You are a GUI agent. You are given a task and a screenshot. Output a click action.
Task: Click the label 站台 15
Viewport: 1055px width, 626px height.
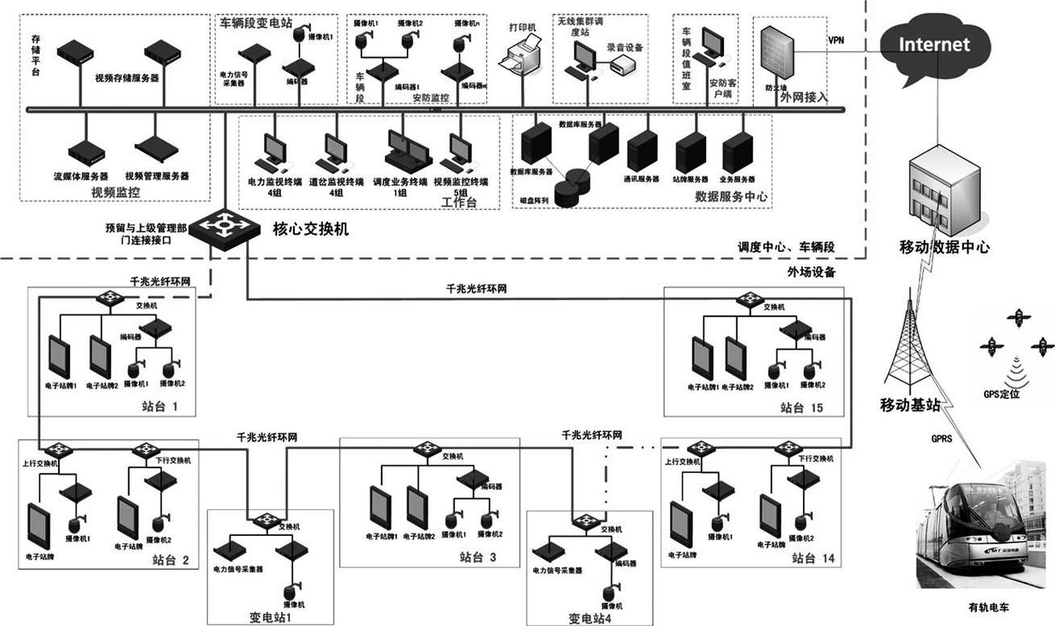801,408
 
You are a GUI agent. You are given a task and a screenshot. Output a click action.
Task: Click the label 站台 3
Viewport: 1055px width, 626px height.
478,557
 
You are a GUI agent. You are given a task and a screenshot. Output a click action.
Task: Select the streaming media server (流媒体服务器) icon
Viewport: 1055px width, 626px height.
85,152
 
